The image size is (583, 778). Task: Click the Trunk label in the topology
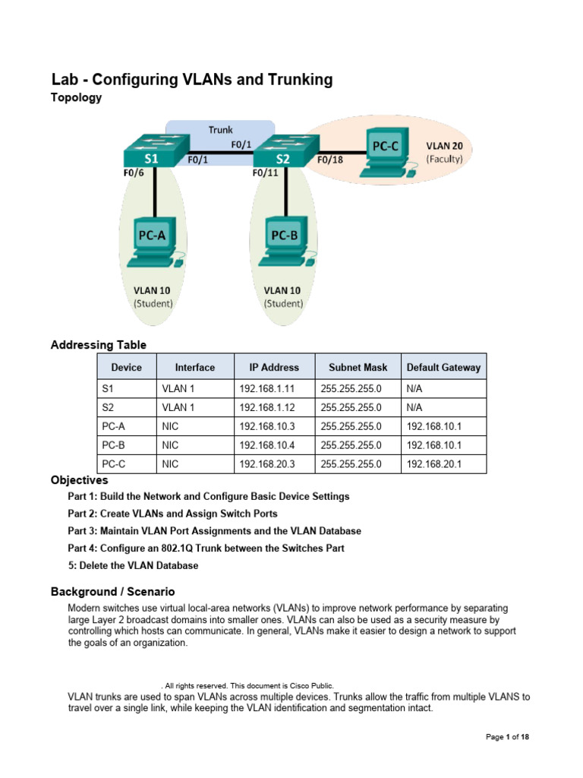[x=221, y=130]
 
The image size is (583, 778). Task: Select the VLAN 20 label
[x=444, y=145]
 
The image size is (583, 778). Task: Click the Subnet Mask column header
[x=358, y=367]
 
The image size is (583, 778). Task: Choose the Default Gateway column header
[x=443, y=367]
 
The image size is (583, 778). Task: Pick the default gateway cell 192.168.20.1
[x=431, y=463]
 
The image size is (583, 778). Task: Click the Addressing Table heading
[x=99, y=345]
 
